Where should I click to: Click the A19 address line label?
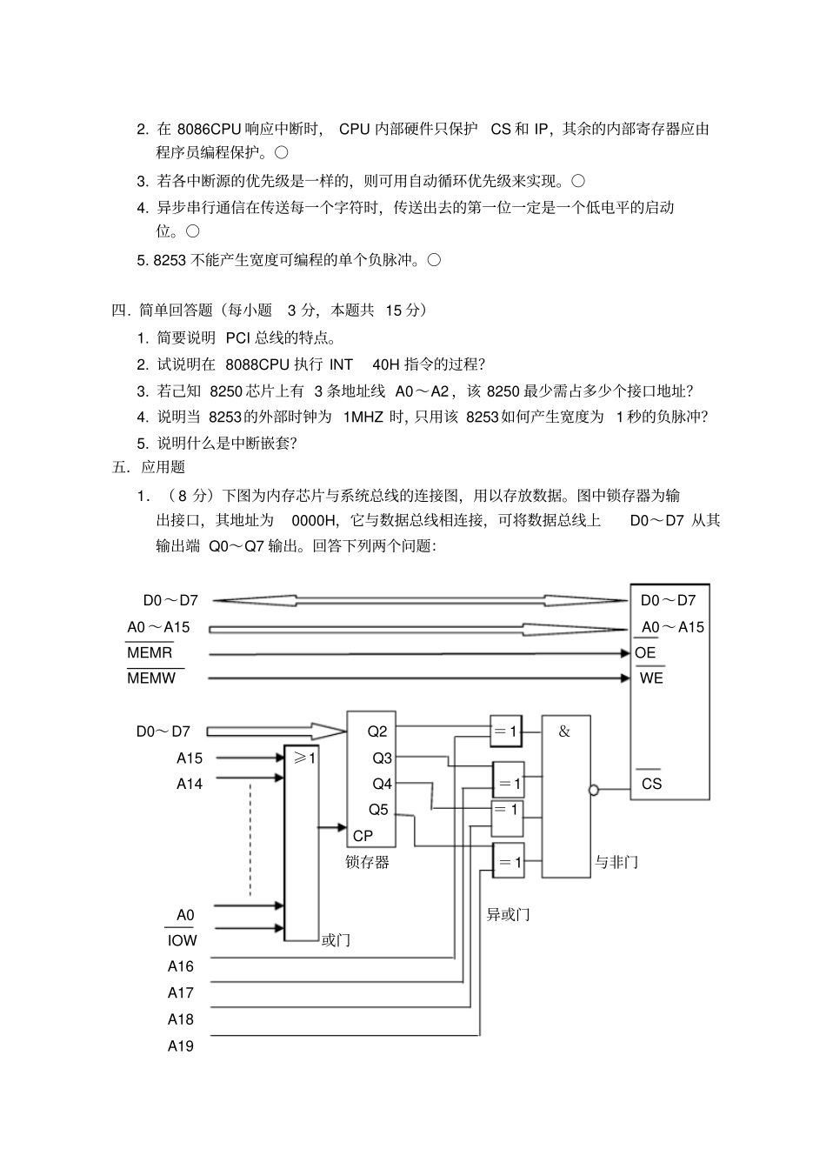click(x=181, y=1046)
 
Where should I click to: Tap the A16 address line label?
click(x=181, y=966)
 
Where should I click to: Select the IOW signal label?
click(x=182, y=940)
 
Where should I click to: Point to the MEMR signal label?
click(x=150, y=653)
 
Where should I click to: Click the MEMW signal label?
click(x=151, y=678)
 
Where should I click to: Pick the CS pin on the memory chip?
click(x=651, y=784)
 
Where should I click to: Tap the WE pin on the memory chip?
click(x=651, y=678)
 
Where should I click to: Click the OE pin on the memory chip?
click(x=645, y=653)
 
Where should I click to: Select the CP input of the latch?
click(x=363, y=836)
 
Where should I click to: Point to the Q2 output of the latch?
click(x=377, y=731)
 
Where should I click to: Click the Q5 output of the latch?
click(x=378, y=810)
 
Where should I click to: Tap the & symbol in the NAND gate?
click(x=564, y=731)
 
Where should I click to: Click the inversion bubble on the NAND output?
click(x=594, y=791)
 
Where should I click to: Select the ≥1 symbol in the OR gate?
click(x=304, y=758)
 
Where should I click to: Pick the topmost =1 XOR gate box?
click(x=507, y=731)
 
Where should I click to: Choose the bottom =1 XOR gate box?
click(x=508, y=862)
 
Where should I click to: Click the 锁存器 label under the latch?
click(x=367, y=863)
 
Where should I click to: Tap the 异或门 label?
click(x=508, y=914)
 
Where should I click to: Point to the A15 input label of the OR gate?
click(x=190, y=758)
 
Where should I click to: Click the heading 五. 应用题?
click(x=149, y=467)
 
